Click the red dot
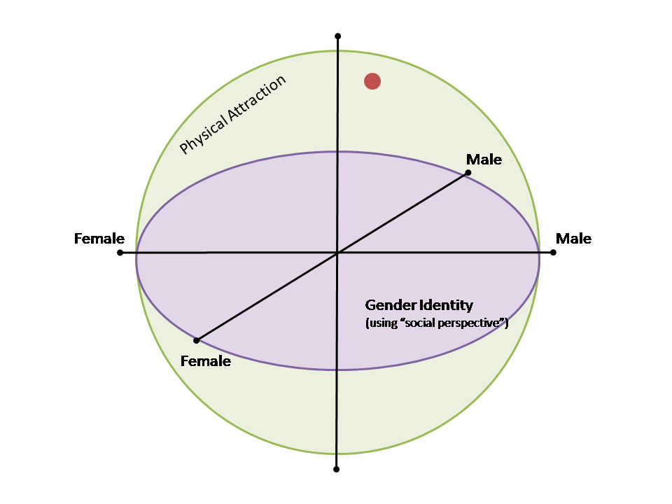coord(372,81)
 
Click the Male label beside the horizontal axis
coord(573,239)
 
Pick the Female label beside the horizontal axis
coord(99,239)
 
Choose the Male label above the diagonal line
coord(484,160)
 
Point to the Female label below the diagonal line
coord(205,361)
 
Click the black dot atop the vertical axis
coord(337,36)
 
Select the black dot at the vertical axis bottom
coord(337,469)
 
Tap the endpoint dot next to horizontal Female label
coord(120,252)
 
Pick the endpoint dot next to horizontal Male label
coord(553,252)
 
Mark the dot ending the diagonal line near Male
coord(468,173)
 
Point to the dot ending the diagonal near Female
coord(197,340)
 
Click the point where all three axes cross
coord(337,253)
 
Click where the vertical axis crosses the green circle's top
coord(337,50)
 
